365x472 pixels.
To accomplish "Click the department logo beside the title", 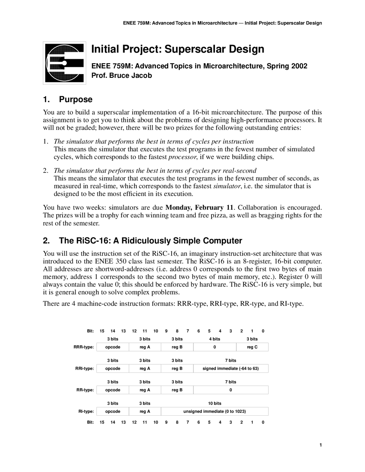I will pos(64,63).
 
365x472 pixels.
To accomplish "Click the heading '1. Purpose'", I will pos(68,99).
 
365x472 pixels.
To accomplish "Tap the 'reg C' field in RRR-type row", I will pos(252,347).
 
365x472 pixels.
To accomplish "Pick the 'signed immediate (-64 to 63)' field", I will pos(230,369).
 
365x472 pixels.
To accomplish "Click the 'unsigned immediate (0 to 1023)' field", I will pos(214,411).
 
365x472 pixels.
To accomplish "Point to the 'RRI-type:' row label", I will pos(84,369).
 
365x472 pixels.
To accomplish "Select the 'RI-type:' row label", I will pos(86,411).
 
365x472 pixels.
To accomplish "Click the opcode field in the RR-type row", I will pos(113,390).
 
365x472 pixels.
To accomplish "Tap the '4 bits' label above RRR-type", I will pos(214,339).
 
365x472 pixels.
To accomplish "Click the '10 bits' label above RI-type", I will pos(214,403).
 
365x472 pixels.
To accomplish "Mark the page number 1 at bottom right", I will pos(321,445).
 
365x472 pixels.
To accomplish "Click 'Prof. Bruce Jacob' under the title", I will pos(121,76).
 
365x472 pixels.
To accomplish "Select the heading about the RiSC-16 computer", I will pos(142,241).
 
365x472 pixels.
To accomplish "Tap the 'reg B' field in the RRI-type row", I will pos(177,369).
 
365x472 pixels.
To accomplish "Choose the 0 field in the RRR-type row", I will pos(214,347).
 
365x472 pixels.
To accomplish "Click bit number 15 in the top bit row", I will pos(102,331).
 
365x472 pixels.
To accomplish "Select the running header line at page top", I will pos(222,23).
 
